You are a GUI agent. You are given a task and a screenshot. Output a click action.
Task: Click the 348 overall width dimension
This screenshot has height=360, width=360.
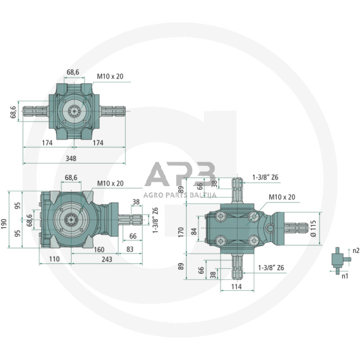pos(71,159)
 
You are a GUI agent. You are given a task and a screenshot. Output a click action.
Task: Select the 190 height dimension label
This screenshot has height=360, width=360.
pos(4,224)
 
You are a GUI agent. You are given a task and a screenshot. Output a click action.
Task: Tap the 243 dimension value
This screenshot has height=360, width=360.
pos(107,260)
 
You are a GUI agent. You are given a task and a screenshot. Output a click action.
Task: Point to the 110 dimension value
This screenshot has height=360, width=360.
pos(54,259)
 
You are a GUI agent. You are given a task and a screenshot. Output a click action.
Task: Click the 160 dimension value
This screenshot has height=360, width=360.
pos(99,250)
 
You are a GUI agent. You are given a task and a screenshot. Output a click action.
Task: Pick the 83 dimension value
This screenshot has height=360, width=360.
pos(130,249)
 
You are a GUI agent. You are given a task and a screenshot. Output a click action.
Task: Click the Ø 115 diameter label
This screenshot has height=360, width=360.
pos(313,228)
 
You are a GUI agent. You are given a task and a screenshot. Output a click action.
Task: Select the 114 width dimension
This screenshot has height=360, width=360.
pos(236,287)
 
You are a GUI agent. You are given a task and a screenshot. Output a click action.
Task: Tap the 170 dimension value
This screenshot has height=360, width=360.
pos(181,232)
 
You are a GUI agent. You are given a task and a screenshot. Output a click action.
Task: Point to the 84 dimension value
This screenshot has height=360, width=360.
pos(194,231)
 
